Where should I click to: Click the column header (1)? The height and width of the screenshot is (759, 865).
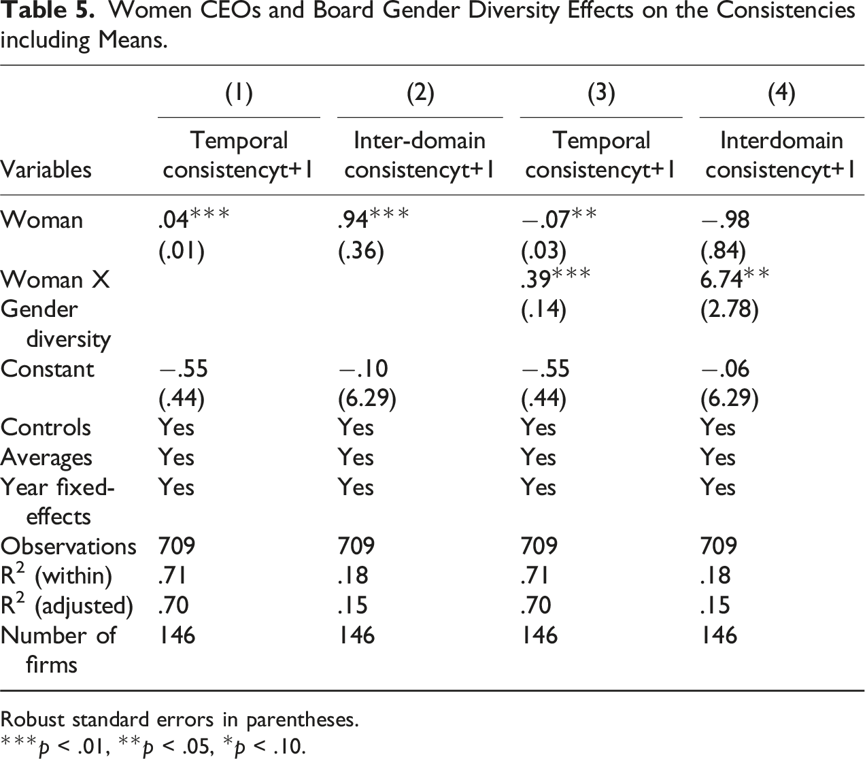coord(239,93)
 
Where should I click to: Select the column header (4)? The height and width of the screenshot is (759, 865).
coord(781,93)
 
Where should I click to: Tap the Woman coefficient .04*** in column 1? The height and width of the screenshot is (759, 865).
coord(194,219)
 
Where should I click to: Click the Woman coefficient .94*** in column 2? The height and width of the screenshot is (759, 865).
coord(373,219)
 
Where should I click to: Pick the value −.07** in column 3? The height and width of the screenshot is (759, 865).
coord(559,219)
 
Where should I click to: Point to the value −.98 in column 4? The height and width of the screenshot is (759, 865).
coord(725,220)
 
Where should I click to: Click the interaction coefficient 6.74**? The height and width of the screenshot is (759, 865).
coord(735,278)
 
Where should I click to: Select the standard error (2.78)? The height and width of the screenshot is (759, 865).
coord(729,309)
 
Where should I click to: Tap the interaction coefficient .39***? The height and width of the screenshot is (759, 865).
coord(556,278)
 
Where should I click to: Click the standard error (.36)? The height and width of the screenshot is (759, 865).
coord(361,250)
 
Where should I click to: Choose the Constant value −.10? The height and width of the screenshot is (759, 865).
coord(363,369)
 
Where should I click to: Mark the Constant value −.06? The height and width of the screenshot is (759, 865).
coord(725,369)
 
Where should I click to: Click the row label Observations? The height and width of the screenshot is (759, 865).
coord(68,546)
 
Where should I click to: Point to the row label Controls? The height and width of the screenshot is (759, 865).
coord(46,428)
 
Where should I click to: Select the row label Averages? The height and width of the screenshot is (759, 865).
coord(46,458)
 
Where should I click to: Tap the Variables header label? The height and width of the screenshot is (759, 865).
coord(46,169)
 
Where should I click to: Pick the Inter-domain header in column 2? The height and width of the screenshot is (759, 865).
coord(420,140)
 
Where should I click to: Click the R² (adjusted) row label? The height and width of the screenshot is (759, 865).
coord(67,605)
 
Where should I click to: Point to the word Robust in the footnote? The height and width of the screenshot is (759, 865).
coord(33,720)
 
